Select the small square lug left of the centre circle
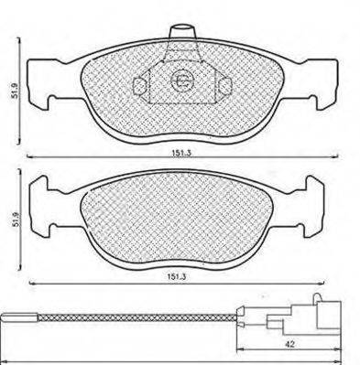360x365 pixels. pos(141,85)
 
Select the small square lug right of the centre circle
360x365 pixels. pos(222,85)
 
